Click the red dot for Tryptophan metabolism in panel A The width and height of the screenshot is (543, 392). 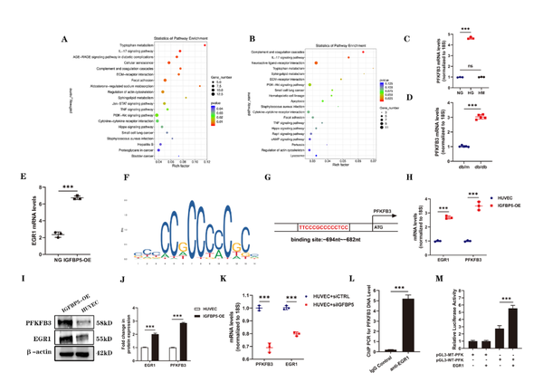205,45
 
